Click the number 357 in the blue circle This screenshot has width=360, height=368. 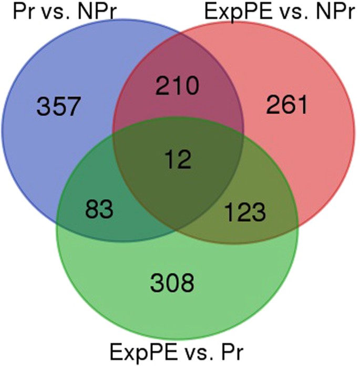59,108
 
